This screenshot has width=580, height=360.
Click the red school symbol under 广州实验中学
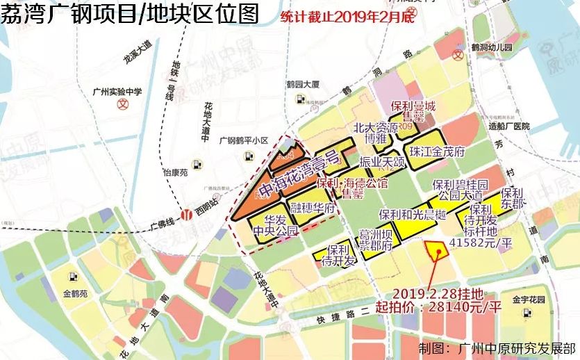pos(124,106)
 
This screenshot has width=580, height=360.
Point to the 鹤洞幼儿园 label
pos(491,47)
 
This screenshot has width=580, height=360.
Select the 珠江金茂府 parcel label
pos(436,151)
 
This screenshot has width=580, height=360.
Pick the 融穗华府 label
pos(313,208)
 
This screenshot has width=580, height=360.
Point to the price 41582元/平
pos(481,243)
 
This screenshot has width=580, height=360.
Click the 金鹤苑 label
pos(75,294)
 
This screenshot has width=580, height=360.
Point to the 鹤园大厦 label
pos(302,84)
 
